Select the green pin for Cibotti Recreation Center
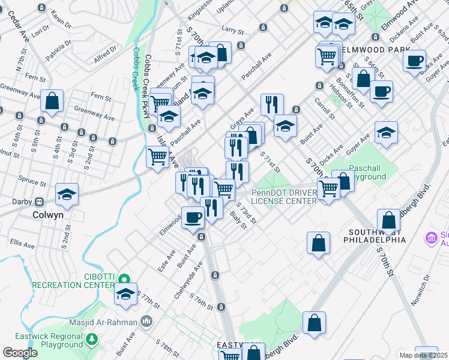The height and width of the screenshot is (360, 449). point(124,279)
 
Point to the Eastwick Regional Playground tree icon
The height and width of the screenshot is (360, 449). point(92,340)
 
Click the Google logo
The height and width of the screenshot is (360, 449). point(20,353)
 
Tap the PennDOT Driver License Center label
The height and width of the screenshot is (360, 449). point(284,196)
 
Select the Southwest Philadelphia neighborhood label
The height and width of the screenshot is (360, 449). point(375,235)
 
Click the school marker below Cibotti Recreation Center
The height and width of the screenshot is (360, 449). point(125,294)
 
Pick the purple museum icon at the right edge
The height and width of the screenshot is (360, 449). point(430,238)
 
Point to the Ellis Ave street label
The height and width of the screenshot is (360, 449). point(22,242)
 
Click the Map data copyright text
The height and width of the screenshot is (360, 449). point(423,355)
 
